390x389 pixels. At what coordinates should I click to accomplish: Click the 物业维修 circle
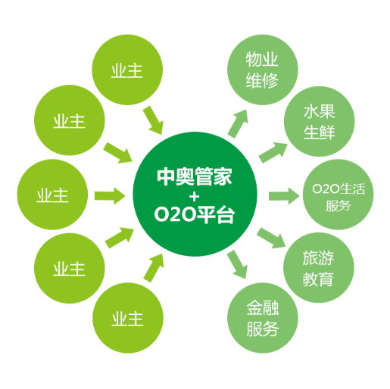pos(263,70)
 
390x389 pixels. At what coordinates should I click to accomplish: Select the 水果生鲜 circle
pos(320,121)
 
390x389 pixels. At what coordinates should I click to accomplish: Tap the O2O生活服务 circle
pos(338,194)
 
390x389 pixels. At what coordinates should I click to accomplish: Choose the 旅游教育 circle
pos(319,268)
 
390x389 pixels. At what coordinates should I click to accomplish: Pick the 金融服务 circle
pos(263,318)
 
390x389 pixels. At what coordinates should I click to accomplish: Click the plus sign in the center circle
pos(195,197)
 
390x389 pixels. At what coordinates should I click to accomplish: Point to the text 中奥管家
pos(195,176)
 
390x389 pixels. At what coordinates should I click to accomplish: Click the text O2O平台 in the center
pos(195,215)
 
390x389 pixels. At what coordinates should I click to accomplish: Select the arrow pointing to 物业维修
pos(238,123)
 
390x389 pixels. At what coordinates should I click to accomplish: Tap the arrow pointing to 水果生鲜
pos(273,153)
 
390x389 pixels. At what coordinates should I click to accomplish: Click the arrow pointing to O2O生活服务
pos(284,196)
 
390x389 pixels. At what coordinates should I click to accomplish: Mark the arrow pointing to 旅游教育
pos(271,238)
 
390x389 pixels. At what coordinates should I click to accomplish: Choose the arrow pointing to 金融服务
pos(237,264)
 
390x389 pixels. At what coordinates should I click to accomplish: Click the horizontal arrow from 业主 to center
pos(110,196)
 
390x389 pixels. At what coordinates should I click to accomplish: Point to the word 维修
pos(262,80)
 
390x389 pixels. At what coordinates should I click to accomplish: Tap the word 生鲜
pos(320,132)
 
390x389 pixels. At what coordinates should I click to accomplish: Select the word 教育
pos(318,279)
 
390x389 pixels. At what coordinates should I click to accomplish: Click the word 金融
pos(263,308)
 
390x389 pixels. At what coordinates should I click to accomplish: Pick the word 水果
pos(320,111)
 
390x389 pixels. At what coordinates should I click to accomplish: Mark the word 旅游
pos(318,258)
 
